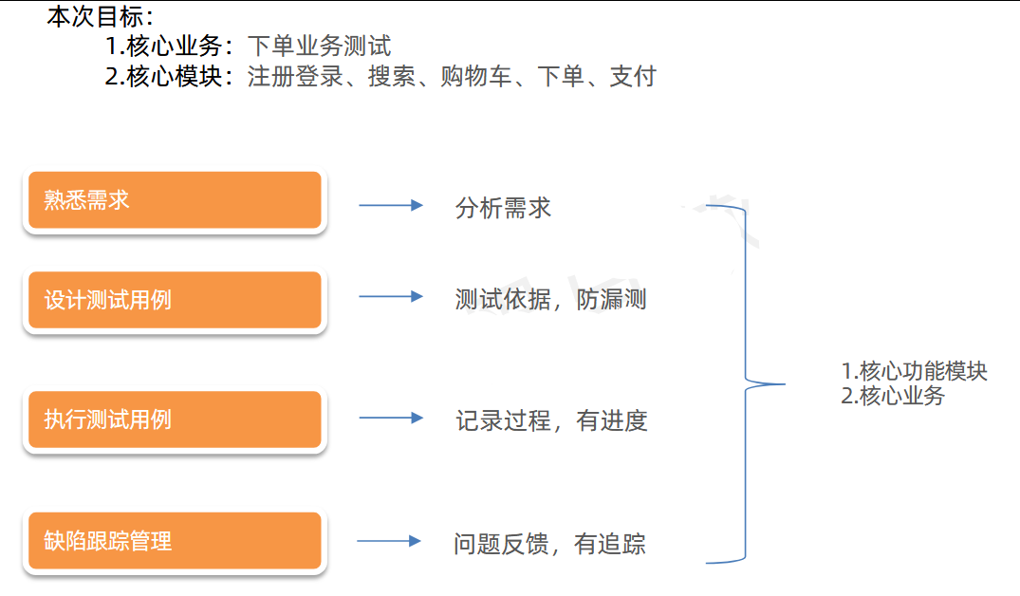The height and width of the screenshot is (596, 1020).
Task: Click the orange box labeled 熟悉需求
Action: (x=175, y=200)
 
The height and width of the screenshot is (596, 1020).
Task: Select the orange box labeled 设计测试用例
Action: (x=175, y=301)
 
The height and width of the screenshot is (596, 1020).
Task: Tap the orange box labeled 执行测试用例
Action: (x=175, y=419)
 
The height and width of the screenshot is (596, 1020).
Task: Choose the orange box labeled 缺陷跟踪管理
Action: (x=175, y=542)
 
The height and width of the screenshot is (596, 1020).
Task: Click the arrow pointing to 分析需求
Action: (x=390, y=205)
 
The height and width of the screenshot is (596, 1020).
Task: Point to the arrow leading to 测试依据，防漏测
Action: (x=390, y=297)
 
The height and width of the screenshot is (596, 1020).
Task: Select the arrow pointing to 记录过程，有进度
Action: (x=390, y=418)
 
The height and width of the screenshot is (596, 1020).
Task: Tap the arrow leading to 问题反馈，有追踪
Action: (x=389, y=541)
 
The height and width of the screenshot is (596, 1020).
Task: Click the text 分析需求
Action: (x=503, y=208)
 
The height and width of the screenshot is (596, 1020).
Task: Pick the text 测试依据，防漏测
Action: (x=550, y=300)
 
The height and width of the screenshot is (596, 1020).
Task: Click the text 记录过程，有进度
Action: (x=551, y=420)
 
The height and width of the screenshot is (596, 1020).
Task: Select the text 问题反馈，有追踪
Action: (x=549, y=544)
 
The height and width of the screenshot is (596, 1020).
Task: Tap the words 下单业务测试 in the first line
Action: (x=319, y=46)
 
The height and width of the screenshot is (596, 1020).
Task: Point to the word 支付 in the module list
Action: (x=633, y=77)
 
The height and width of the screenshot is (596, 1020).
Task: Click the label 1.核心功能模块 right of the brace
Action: (x=914, y=371)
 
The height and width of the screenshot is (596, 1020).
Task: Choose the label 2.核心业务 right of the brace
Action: (x=893, y=397)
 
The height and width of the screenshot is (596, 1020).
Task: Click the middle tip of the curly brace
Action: (x=783, y=384)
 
